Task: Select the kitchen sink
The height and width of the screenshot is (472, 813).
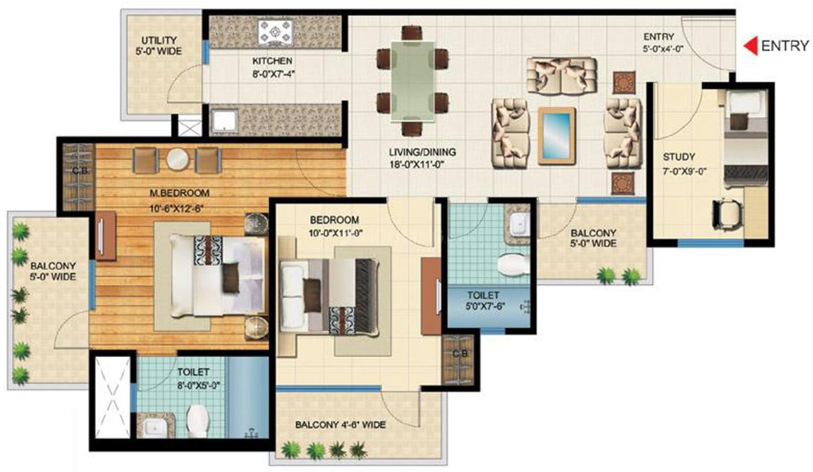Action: point(224,120)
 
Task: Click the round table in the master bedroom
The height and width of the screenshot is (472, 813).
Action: point(178,160)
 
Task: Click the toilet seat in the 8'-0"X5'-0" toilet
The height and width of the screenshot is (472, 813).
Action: point(198,421)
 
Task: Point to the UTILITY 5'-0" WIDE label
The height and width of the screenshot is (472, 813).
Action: point(159,46)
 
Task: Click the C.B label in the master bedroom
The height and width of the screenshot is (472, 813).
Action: point(79,170)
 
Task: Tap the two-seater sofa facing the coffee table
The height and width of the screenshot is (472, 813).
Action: point(561,76)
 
